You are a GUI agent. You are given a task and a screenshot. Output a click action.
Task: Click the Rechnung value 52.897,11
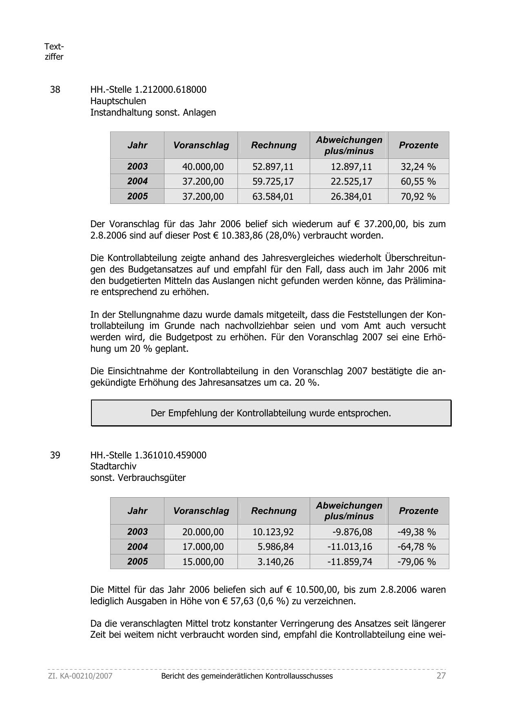click(273, 167)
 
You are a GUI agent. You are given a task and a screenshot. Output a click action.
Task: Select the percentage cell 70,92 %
click(418, 197)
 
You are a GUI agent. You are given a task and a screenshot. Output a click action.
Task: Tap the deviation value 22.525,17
click(351, 181)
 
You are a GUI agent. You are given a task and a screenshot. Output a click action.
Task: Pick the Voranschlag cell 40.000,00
click(203, 167)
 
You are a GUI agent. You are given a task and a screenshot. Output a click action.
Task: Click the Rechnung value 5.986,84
click(276, 547)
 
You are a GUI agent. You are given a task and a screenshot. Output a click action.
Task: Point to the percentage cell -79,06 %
click(417, 562)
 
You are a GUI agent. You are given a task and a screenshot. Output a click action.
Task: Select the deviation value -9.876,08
click(352, 532)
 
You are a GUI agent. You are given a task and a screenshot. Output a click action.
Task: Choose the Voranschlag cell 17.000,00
click(203, 547)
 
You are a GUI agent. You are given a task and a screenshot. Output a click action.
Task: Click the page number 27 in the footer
click(441, 676)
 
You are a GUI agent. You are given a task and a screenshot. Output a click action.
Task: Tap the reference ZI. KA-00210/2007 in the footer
click(80, 676)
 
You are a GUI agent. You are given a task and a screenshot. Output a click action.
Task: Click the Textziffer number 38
click(55, 89)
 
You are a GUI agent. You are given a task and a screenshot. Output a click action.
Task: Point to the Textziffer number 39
click(55, 455)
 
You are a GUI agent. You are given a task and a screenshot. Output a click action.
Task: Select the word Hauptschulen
click(118, 101)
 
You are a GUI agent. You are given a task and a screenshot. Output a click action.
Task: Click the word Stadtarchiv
click(113, 466)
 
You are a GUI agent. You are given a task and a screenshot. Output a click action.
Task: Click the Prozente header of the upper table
click(418, 145)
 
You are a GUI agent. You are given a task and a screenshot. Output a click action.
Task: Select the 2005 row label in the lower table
click(137, 562)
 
